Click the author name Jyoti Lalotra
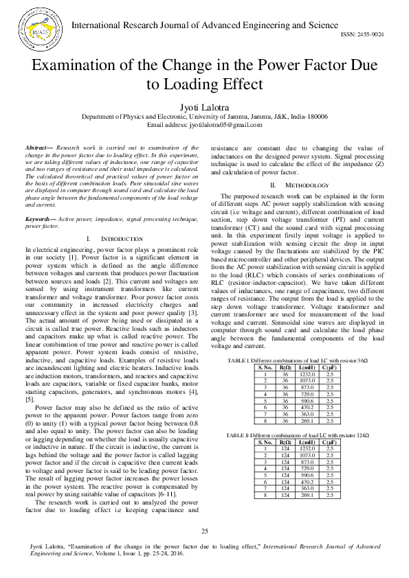click(x=204, y=107)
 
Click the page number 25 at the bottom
click(x=204, y=531)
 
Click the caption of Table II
click(x=297, y=435)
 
